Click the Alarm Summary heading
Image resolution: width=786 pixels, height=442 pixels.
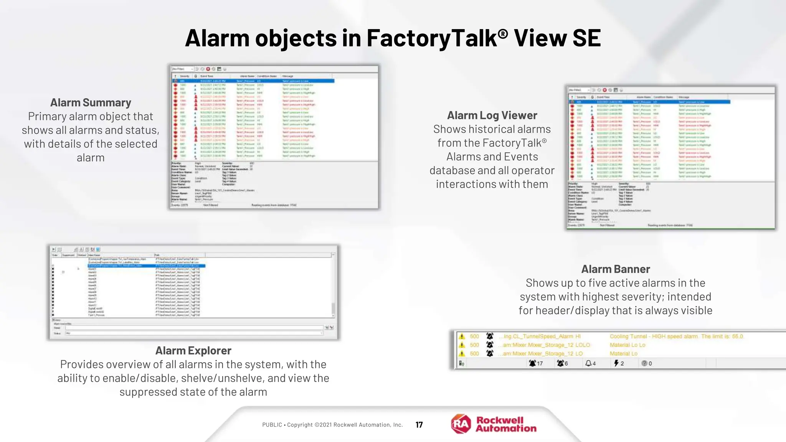click(x=91, y=103)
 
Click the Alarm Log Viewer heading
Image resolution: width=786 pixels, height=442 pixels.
click(x=492, y=115)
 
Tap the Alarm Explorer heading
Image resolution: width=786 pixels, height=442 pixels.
click(x=193, y=351)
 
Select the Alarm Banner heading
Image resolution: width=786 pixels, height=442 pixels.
click(x=615, y=269)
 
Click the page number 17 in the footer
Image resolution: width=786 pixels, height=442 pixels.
click(x=419, y=425)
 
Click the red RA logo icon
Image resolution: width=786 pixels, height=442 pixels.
click(x=461, y=424)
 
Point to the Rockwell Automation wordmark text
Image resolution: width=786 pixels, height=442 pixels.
click(x=506, y=424)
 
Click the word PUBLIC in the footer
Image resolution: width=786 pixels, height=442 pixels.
click(x=272, y=425)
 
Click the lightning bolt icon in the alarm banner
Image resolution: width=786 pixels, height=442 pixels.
click(x=616, y=363)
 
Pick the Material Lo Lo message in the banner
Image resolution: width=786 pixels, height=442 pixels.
click(x=627, y=345)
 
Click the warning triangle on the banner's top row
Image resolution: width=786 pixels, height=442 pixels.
click(x=462, y=336)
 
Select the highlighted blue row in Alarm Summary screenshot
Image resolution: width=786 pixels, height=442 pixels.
click(x=253, y=81)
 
